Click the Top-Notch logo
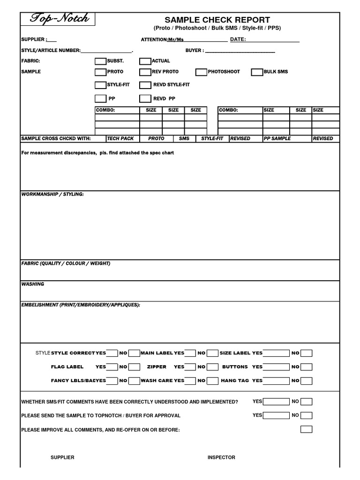point(58,19)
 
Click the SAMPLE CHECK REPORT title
point(217,20)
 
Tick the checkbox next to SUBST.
point(100,61)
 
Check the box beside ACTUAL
point(145,61)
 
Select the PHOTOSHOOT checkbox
point(201,72)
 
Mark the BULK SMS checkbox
point(257,72)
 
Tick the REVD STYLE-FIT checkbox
point(145,85)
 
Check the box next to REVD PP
point(145,98)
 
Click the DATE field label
point(238,39)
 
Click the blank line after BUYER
point(240,51)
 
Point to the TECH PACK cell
point(120,139)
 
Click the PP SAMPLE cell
point(277,139)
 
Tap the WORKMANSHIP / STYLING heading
point(52,194)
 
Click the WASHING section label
point(33,284)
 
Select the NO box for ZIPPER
point(212,367)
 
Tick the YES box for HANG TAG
point(276,381)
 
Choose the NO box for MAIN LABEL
point(212,353)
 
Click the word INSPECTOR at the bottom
point(221,457)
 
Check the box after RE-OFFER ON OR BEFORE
point(306,429)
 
